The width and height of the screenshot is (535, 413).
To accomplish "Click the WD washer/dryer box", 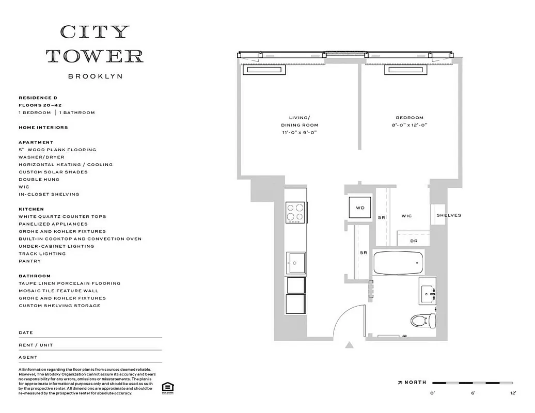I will tap(360, 208).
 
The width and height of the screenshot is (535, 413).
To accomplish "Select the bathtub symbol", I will tap(399, 263).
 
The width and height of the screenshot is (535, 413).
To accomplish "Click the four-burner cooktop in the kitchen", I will tap(295, 213).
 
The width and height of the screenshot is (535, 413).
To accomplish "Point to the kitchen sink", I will tap(296, 262).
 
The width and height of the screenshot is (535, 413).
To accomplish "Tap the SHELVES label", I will tap(448, 215).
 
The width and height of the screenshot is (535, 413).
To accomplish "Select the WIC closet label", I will tap(406, 216).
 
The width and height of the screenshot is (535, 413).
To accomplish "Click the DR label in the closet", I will tap(414, 241).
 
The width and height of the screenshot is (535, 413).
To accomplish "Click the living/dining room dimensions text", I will tap(299, 133).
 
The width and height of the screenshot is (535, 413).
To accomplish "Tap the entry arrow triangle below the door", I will tap(350, 345).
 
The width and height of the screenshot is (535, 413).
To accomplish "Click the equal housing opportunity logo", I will tap(167, 388).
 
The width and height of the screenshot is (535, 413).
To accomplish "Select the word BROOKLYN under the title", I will tap(95, 76).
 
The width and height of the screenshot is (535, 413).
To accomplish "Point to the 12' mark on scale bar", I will tap(513, 393).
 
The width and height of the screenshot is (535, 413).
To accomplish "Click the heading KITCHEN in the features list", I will tap(31, 209).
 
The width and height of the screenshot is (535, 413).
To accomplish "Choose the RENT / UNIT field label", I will tap(36, 345).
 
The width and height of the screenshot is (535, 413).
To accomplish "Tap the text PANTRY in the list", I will tap(29, 261).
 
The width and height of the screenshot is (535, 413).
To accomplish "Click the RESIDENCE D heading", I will tap(38, 98).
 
